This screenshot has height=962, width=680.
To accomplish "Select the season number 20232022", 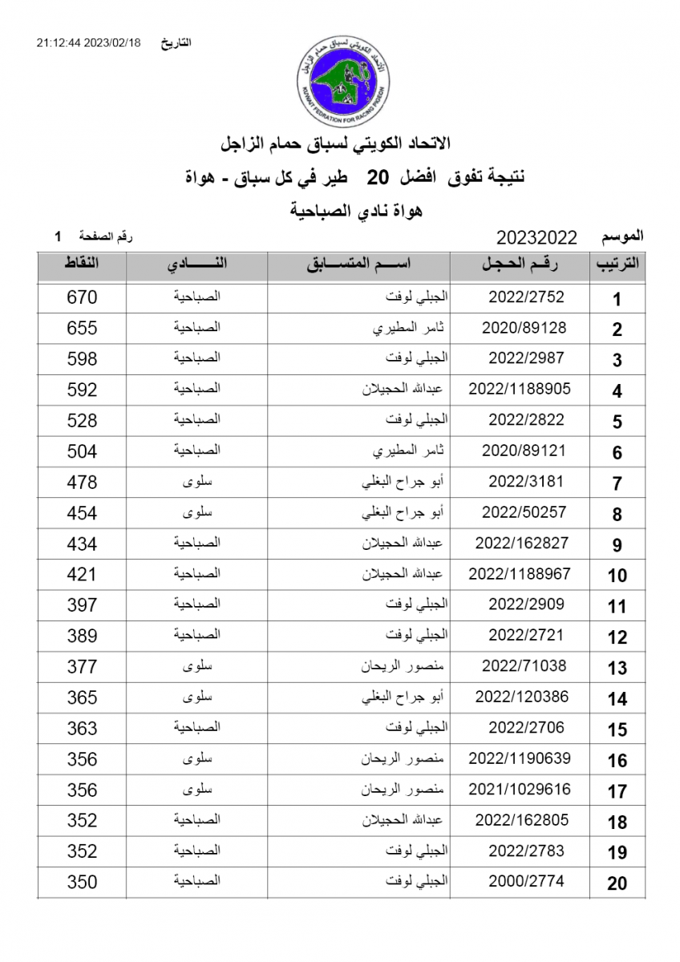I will coord(536,237).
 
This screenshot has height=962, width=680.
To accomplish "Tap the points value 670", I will coord(82,297).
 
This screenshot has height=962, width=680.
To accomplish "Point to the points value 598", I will coord(82,359).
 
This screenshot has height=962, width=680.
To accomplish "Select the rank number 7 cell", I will coord(617,483).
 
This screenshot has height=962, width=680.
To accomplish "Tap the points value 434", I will coord(82,544).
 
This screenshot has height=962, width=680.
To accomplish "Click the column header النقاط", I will coord(81,265).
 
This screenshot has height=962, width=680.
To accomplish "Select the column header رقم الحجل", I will coord(520,265).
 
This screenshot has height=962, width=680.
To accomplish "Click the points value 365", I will coord(82,697).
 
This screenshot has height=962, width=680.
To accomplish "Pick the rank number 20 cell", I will coord(617,883).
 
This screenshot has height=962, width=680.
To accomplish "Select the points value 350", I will coord(82,882).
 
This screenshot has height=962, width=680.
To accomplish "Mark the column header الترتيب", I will coord(617,265).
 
